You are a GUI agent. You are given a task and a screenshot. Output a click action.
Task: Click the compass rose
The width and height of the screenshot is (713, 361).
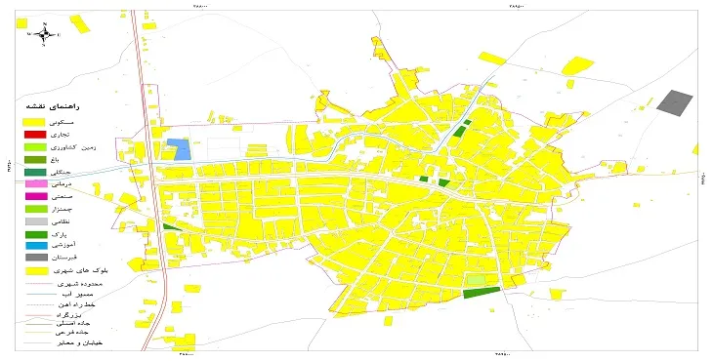tap(44, 34)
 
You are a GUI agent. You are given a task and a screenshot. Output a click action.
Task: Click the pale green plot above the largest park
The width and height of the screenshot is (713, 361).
tap(475, 279)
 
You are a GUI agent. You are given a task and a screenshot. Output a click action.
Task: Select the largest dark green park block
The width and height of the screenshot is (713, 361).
tap(481, 292)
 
